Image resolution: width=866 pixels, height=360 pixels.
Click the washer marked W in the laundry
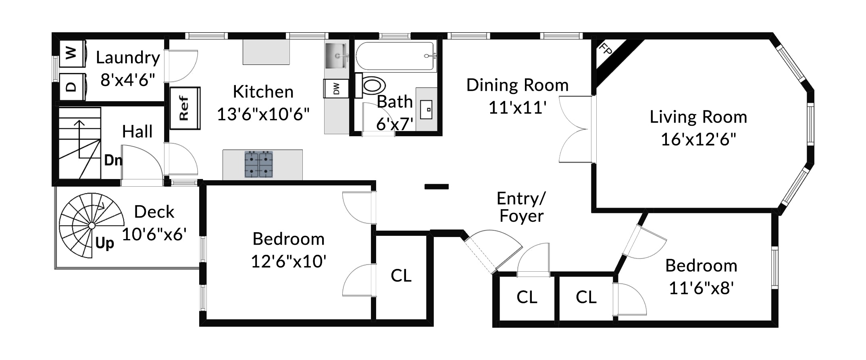tap(73, 53)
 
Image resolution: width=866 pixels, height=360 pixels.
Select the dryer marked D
tap(73, 87)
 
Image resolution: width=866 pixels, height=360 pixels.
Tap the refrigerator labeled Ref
tap(185, 108)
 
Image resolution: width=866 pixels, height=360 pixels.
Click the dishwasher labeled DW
tap(336, 88)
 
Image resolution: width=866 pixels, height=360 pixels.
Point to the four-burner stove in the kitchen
tap(259, 164)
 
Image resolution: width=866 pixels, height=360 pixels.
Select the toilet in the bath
tap(371, 85)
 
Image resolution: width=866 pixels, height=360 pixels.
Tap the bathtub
tap(396, 56)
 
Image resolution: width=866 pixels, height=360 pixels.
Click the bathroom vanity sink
tap(427, 109)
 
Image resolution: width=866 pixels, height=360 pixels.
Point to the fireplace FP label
tap(605, 49)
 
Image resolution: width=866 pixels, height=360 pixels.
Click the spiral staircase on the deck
tap(92, 225)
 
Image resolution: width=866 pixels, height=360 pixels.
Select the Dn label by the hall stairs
tap(113, 160)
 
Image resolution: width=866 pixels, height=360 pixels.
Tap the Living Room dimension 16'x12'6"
tap(698, 139)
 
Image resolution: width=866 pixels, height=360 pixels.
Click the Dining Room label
tap(517, 85)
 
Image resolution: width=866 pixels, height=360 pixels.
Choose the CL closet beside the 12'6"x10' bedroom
tap(401, 276)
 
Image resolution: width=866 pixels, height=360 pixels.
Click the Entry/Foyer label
tap(521, 207)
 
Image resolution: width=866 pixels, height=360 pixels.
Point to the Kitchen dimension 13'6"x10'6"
tap(263, 114)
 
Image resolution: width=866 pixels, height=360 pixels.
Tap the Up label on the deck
tap(105, 243)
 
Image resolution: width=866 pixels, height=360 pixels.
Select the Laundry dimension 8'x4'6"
tap(128, 80)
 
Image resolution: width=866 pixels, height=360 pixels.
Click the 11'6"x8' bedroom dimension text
tap(701, 288)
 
